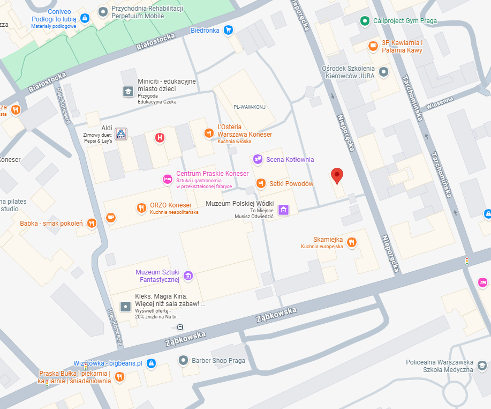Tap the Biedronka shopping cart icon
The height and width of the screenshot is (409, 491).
229,30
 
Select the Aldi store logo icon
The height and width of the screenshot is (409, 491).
122,132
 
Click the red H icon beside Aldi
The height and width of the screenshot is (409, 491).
159,138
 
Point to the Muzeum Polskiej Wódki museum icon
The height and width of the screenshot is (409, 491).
283,209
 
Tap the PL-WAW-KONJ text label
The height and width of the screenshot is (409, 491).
250,107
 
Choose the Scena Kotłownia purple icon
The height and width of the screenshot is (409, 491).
258,159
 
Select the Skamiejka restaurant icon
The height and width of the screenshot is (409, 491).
352,242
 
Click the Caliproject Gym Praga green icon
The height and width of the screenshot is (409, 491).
365,21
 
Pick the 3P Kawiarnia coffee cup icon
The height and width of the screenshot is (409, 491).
373,47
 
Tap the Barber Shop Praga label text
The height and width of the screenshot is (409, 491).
218,360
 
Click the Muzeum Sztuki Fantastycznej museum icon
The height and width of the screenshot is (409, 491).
188,276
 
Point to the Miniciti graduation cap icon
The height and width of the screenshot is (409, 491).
128,91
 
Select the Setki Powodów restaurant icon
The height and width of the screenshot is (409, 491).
261,183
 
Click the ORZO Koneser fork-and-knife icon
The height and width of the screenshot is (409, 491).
141,208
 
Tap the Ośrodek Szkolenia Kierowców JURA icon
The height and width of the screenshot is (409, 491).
383,72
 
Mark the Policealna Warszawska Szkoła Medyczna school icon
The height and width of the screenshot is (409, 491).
482,365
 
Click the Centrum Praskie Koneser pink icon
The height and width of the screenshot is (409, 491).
167,179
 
